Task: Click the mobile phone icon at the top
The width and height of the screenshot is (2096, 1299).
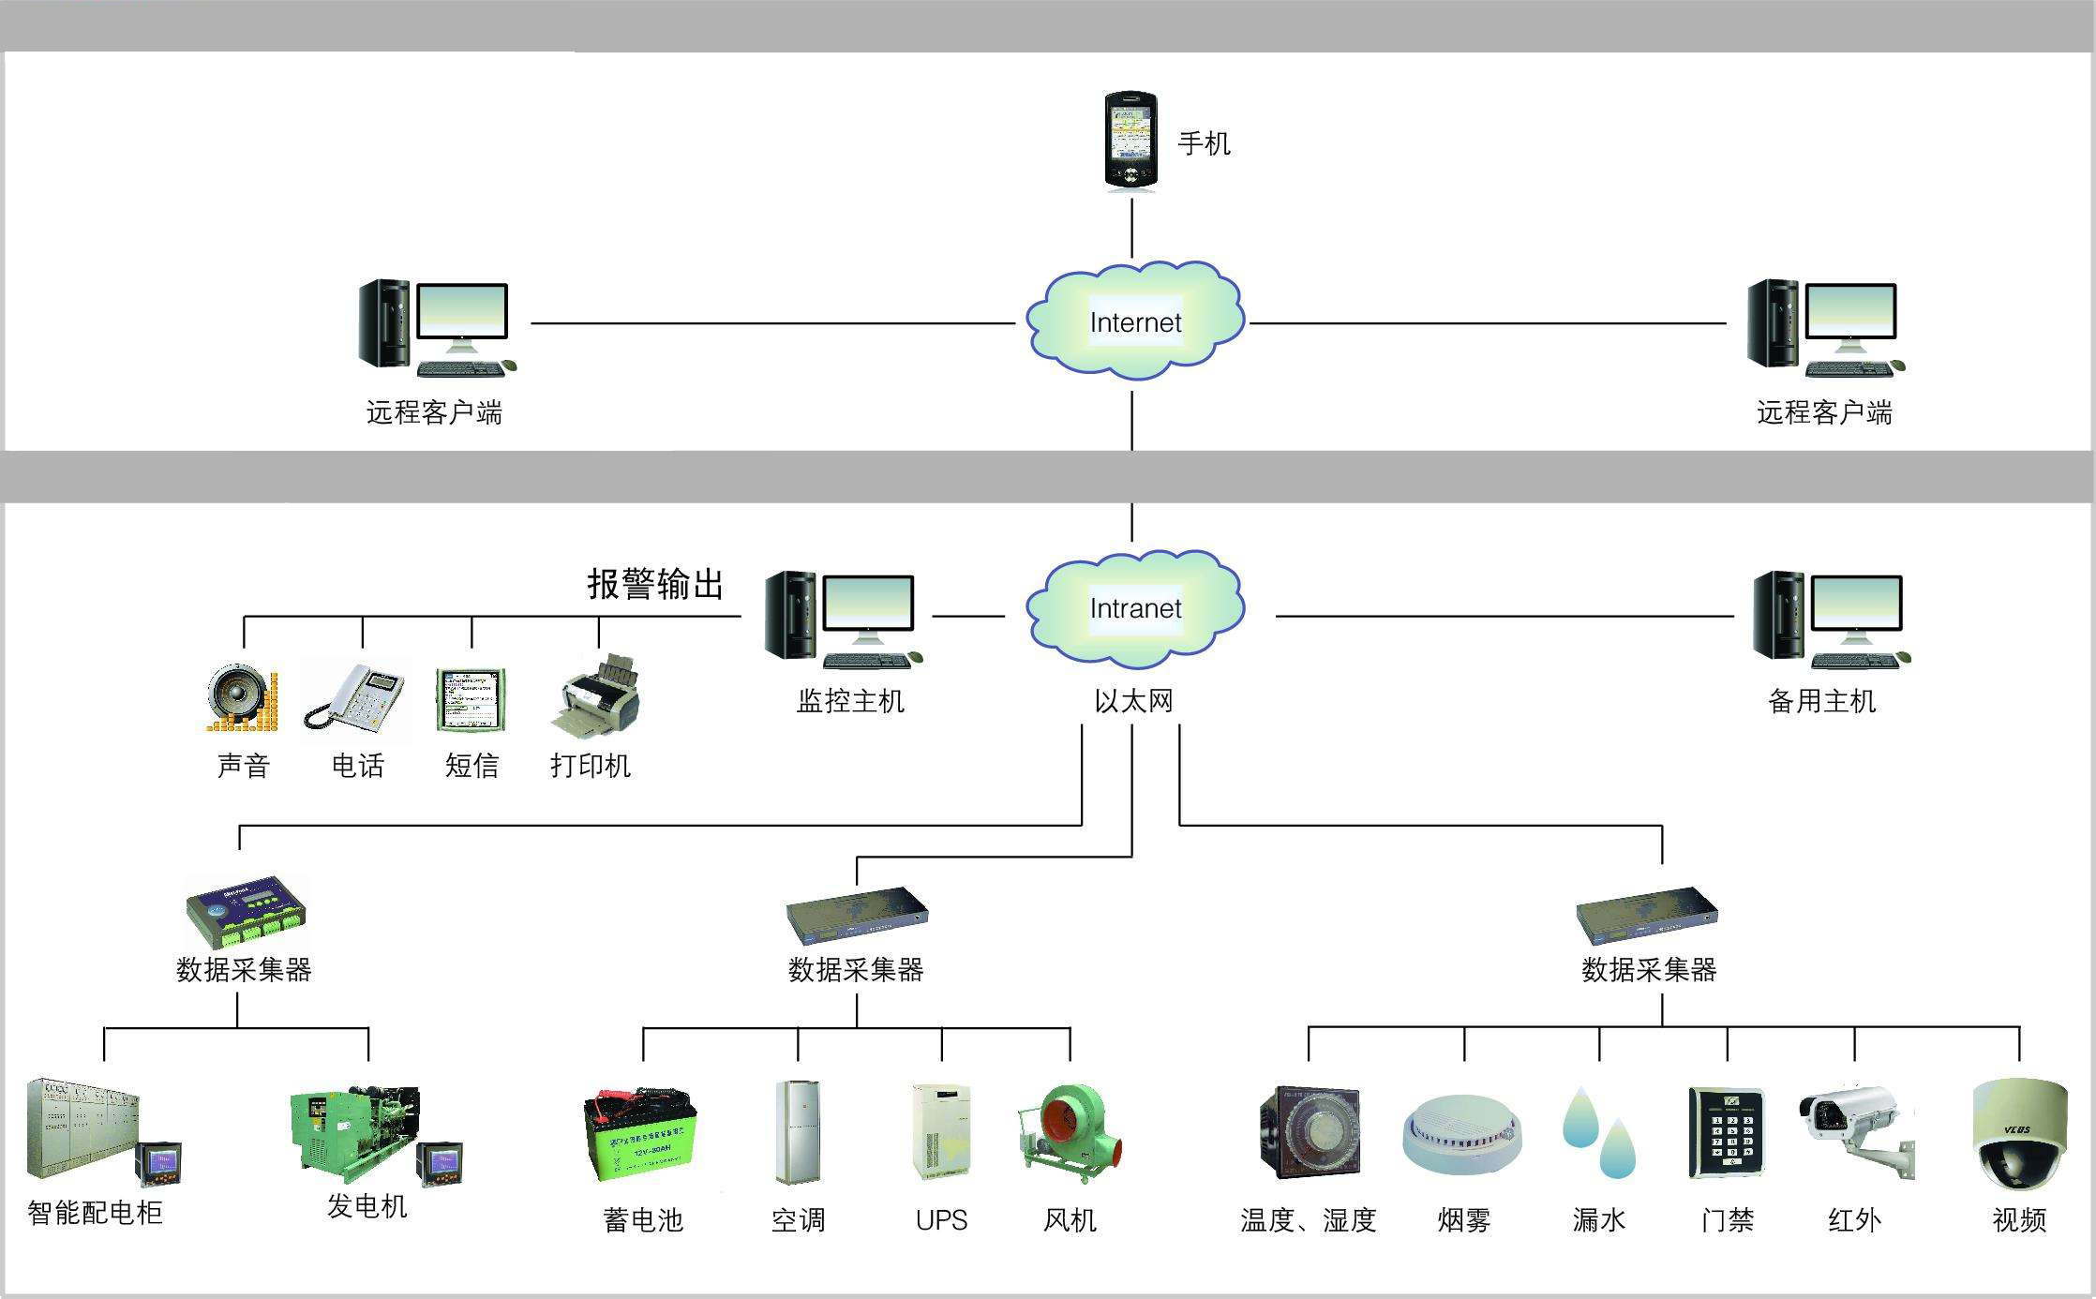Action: [1130, 141]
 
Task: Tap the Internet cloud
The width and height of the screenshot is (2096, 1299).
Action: [1134, 321]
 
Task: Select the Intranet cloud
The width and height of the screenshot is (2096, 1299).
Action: [1134, 608]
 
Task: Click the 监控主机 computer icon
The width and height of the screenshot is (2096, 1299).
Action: [844, 620]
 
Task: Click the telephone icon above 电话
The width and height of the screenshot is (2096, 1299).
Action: [357, 697]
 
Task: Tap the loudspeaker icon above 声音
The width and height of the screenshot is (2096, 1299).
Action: [242, 698]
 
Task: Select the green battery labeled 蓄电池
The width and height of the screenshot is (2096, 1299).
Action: [641, 1135]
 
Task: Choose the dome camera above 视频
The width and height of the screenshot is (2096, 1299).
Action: [2018, 1134]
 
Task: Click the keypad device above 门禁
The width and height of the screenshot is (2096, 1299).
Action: [1726, 1132]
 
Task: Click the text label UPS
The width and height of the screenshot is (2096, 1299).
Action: [941, 1220]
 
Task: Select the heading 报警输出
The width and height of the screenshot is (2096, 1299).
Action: [655, 584]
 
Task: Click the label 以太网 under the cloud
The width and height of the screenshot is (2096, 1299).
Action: [1133, 701]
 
